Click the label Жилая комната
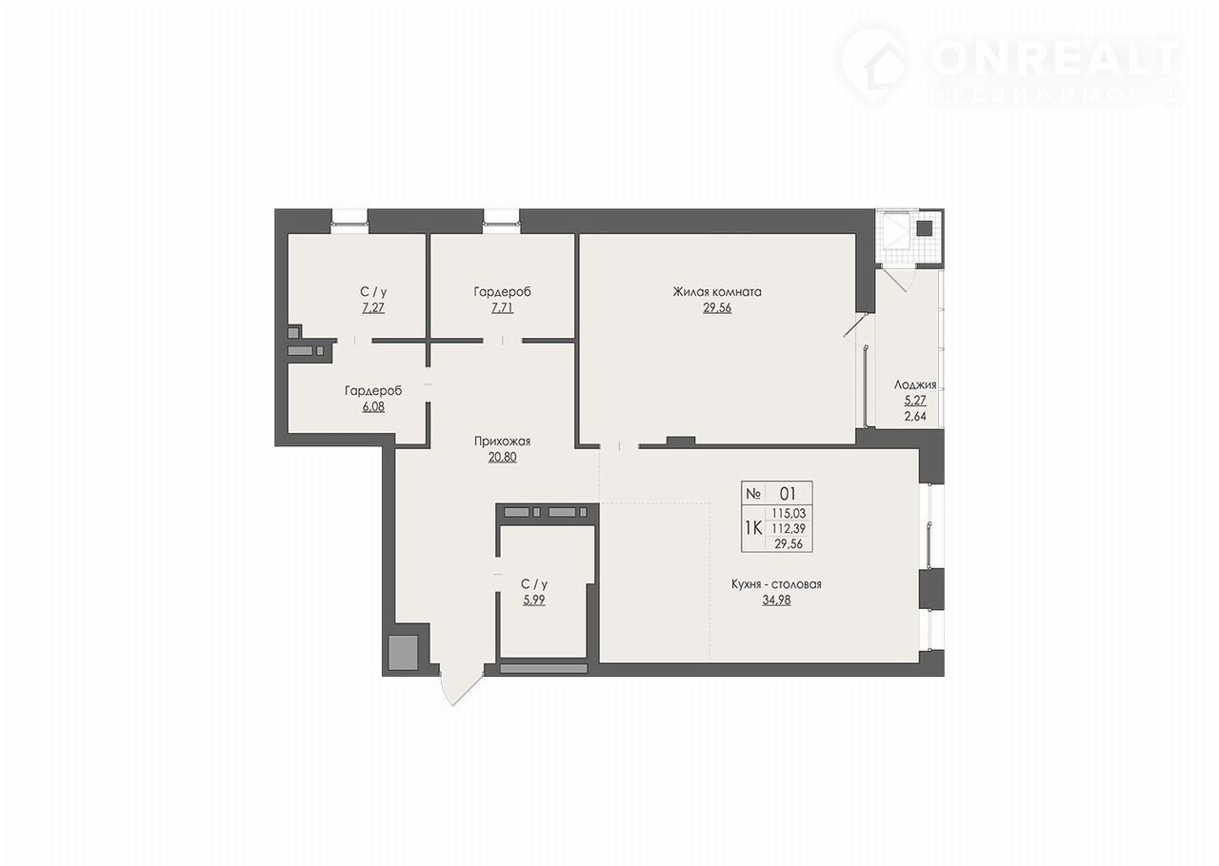[x=717, y=291]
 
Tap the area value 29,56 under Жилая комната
[x=717, y=308]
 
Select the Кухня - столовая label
[x=776, y=584]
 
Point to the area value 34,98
[x=776, y=600]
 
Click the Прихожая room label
[x=502, y=442]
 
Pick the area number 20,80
[x=502, y=458]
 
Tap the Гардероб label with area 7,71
[x=502, y=291]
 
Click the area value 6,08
[x=373, y=407]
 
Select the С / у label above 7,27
[x=373, y=291]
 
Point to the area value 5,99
[x=534, y=600]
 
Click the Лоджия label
[x=915, y=385]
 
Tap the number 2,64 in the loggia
[x=915, y=417]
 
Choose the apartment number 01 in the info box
[x=788, y=493]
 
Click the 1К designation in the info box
[x=753, y=527]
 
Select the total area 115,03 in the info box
[x=789, y=514]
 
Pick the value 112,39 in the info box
[x=789, y=528]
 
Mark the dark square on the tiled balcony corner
[x=925, y=228]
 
